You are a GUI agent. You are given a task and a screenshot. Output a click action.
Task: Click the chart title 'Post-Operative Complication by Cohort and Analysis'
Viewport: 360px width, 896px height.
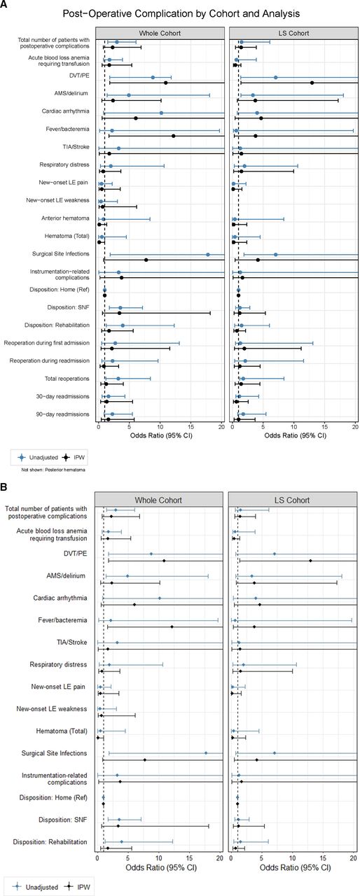pos(181,13)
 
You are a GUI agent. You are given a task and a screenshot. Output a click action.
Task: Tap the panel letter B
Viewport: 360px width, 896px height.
pos(4,488)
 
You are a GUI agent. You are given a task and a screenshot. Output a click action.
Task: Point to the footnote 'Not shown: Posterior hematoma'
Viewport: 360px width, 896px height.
pos(53,470)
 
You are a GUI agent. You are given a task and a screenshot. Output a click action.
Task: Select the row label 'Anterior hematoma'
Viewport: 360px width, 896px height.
pos(65,218)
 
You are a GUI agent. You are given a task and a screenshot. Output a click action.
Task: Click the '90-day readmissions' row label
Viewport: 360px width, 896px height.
pos(63,414)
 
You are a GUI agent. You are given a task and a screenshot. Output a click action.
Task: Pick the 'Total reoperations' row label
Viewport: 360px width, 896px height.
pos(67,379)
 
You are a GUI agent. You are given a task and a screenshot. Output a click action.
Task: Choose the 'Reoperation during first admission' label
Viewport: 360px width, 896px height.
pos(47,343)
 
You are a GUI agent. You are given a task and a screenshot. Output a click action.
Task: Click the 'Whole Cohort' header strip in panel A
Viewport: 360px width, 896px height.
pos(160,33)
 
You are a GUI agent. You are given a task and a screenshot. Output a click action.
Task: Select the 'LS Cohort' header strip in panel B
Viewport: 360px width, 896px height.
pos(292,500)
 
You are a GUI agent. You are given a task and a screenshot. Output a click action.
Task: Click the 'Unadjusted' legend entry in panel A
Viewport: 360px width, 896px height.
pos(38,457)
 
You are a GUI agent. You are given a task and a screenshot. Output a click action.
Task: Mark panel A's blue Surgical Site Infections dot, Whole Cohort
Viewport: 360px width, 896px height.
pos(208,254)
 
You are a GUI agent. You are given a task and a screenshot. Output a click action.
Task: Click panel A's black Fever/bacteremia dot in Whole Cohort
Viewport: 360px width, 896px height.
pos(173,136)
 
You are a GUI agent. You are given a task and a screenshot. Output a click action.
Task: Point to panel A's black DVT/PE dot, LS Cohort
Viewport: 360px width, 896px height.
pos(312,83)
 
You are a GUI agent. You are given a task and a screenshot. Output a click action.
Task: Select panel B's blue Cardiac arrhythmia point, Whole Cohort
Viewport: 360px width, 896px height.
pos(160,598)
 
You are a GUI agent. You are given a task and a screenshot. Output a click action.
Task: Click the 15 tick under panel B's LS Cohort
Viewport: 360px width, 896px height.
pos(323,858)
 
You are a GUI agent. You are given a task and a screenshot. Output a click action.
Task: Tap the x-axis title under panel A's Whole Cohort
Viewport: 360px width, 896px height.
pos(161,435)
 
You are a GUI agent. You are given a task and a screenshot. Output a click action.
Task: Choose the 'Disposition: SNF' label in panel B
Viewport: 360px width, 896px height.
pos(63,820)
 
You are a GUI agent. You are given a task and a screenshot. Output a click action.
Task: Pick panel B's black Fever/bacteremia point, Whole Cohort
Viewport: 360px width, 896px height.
pos(172,626)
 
